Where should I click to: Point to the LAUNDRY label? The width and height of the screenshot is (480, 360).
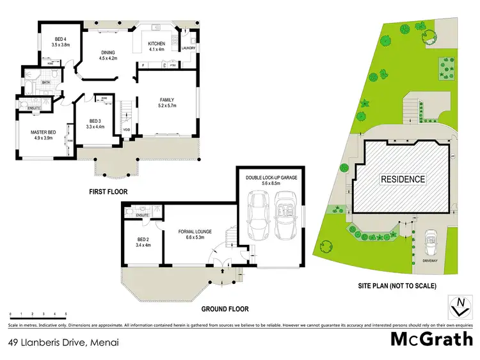(x=188, y=48)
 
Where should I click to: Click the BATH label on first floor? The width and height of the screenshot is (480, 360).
(x=46, y=82)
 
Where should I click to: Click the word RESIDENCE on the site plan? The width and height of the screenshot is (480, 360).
(x=403, y=179)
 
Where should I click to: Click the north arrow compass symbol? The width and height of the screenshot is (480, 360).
(x=459, y=306)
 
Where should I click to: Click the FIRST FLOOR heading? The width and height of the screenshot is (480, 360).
(x=109, y=191)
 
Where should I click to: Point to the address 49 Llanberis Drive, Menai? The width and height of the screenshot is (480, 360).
(x=64, y=342)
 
